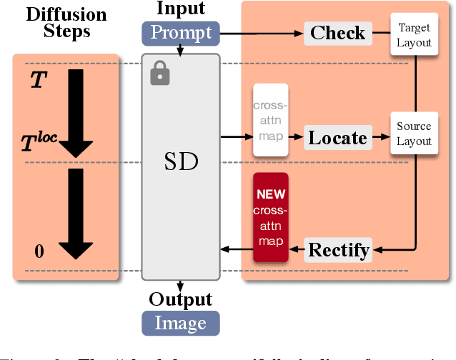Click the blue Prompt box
pyautogui.click(x=181, y=33)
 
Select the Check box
pyautogui.click(x=337, y=33)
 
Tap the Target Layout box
pyautogui.click(x=415, y=34)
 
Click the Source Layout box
pyautogui.click(x=415, y=134)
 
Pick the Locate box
pyautogui.click(x=337, y=136)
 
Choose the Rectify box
pyautogui.click(x=338, y=250)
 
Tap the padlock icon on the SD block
pyautogui.click(x=159, y=73)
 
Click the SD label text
pyautogui.click(x=181, y=163)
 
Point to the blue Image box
pyautogui.click(x=181, y=323)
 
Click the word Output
pyautogui.click(x=181, y=299)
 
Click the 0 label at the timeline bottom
pyautogui.click(x=39, y=251)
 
